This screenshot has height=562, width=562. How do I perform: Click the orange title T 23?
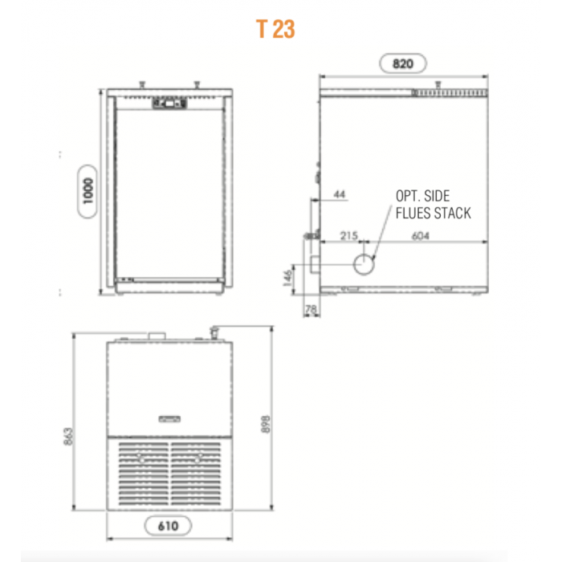[x=275, y=29]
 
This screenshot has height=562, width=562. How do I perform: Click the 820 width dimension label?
[x=403, y=63]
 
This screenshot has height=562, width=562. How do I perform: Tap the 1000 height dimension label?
[x=88, y=191]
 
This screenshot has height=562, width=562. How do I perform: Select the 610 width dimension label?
[x=168, y=526]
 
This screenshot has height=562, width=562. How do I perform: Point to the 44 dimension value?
[x=339, y=194]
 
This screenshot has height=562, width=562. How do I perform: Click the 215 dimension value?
[x=348, y=235]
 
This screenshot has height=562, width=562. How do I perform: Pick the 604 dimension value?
[x=421, y=235]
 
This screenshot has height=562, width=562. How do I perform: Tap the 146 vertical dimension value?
[x=287, y=278]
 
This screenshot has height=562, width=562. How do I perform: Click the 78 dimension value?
[x=311, y=308]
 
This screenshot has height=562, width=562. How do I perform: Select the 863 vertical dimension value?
[x=68, y=436]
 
